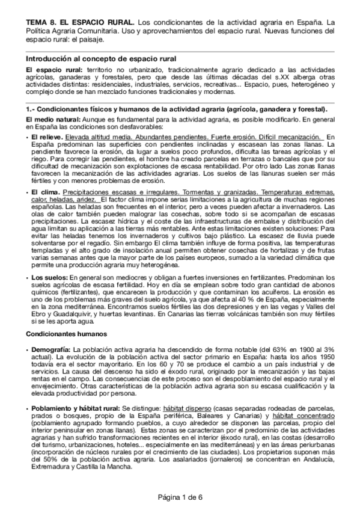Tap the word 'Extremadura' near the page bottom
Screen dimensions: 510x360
(46, 467)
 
